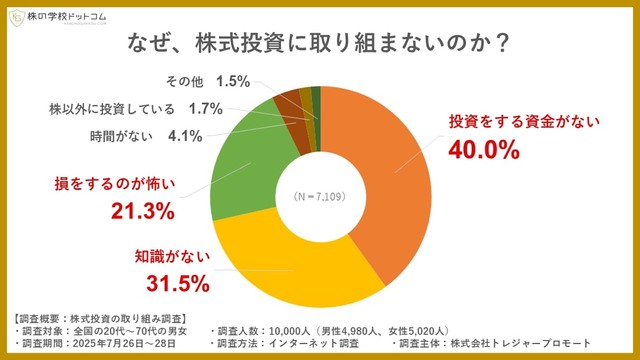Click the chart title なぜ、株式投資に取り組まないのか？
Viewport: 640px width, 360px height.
[320, 44]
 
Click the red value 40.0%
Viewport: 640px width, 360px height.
[482, 151]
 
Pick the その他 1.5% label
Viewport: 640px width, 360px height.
[205, 82]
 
